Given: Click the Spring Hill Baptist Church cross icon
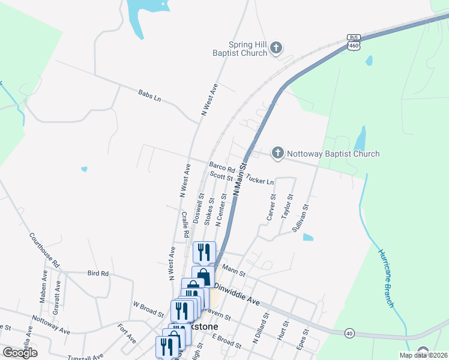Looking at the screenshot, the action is point(276,48).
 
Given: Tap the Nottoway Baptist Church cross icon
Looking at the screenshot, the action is point(277,154).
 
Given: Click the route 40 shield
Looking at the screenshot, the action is point(349,332).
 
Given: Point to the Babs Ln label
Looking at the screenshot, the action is point(149,95).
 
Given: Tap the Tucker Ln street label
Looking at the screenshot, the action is point(260,180).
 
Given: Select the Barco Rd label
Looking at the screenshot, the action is point(222,167).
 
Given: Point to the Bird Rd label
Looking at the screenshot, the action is point(97,274).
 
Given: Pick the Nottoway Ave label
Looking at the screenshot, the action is point(51,325).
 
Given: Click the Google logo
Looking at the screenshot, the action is point(19,353).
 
